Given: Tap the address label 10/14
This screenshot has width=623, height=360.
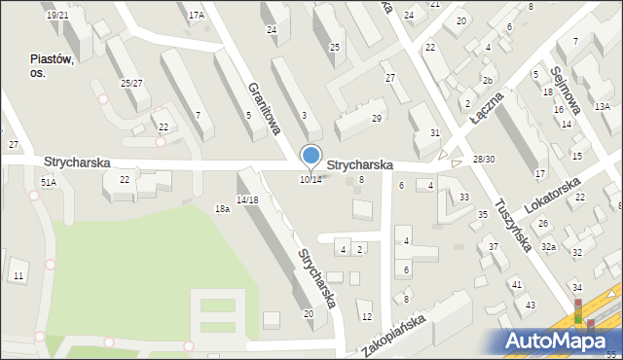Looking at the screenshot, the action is point(311,179).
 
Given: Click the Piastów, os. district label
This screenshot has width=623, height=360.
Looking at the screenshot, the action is point(52,65).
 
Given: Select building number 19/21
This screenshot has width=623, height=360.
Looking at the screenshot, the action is point(57,15).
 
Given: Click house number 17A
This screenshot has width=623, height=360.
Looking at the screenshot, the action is point(197,15).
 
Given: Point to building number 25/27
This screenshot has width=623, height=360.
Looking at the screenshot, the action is point(131,83).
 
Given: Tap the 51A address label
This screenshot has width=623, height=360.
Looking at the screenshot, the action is point(48,182).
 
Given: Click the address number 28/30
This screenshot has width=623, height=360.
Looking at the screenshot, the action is point(484,159).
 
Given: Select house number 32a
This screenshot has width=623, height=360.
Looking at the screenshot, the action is point(549,247).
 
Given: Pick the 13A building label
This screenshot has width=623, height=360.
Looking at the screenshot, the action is point(603,106).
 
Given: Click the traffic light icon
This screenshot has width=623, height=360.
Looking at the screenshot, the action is point(578,311).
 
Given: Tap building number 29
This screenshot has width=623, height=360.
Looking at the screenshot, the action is point(376,118).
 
